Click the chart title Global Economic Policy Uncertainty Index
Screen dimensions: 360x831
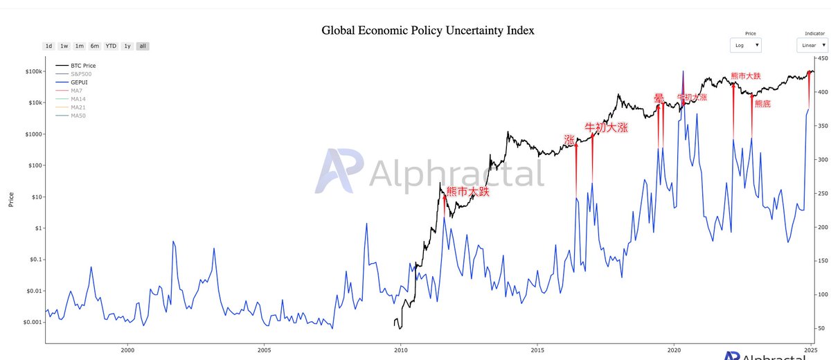(x=428, y=30)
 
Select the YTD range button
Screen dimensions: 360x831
(x=111, y=46)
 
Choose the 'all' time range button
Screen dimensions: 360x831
(x=143, y=46)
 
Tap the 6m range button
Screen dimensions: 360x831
(x=95, y=46)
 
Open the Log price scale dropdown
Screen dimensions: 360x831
(x=747, y=45)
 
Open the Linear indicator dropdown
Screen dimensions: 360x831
(x=812, y=45)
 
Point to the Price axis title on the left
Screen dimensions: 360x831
(x=11, y=200)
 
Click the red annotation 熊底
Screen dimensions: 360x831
(x=762, y=104)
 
